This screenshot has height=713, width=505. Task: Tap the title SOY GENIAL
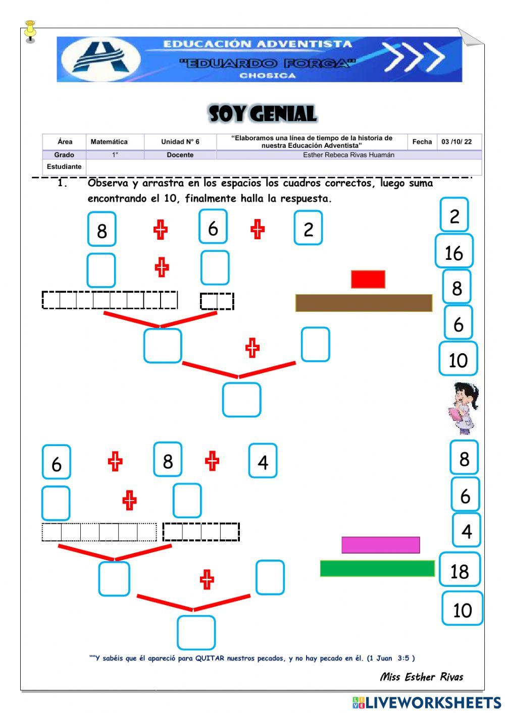pyautogui.click(x=263, y=114)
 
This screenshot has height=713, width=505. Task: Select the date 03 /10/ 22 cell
pyautogui.click(x=456, y=142)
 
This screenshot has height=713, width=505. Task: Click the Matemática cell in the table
pyautogui.click(x=109, y=142)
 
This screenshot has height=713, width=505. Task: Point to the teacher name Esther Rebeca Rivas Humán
pyautogui.click(x=348, y=155)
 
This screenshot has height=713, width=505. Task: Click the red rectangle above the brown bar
pyautogui.click(x=368, y=279)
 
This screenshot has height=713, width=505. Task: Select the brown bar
pyautogui.click(x=364, y=303)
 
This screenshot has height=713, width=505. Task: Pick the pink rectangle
pyautogui.click(x=380, y=545)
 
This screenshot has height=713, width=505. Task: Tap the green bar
pyautogui.click(x=377, y=569)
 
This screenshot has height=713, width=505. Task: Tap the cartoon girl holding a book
pyautogui.click(x=463, y=408)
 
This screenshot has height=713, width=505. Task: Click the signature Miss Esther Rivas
pyautogui.click(x=421, y=677)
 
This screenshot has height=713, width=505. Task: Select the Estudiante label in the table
pyautogui.click(x=64, y=167)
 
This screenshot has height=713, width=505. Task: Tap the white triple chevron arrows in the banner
pyautogui.click(x=413, y=57)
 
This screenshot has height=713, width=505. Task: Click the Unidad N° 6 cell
pyautogui.click(x=180, y=142)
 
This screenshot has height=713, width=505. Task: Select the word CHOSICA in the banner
pyautogui.click(x=267, y=76)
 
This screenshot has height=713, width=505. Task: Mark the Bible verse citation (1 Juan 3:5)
pyautogui.click(x=391, y=658)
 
